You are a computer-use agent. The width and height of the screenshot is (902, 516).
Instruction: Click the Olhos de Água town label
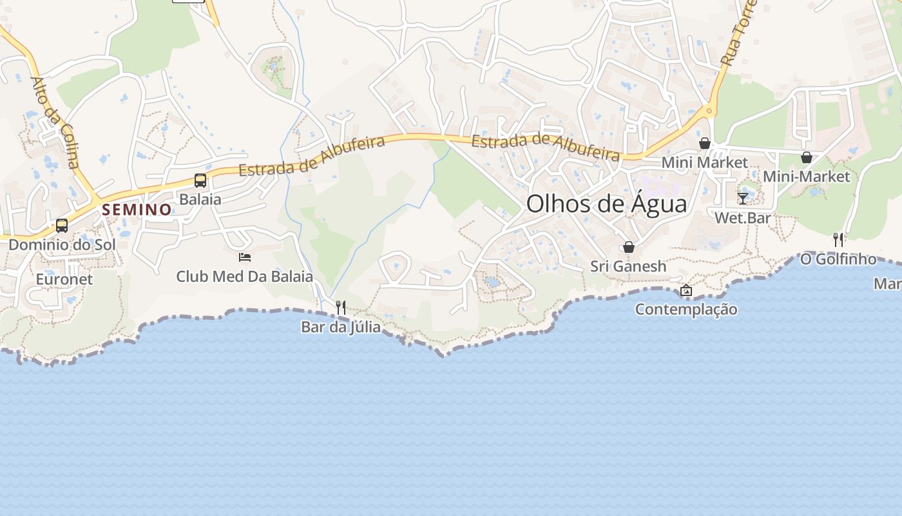point(606,204)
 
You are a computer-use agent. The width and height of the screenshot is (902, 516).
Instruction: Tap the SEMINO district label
point(137,210)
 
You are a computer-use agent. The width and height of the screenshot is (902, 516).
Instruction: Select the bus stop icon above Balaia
point(200,181)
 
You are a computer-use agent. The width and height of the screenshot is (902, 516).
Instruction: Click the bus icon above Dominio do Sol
point(62,226)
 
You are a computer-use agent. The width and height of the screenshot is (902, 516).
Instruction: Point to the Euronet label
point(64,279)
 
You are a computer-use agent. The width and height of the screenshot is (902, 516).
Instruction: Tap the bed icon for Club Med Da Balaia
point(245,257)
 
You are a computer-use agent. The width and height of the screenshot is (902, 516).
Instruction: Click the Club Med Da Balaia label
point(245,277)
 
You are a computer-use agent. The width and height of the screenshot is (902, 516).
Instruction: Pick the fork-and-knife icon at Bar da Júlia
point(341,308)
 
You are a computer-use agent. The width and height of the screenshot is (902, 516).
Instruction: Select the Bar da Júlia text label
point(341,328)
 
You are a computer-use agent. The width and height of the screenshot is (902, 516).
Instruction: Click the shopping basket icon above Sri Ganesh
point(629,247)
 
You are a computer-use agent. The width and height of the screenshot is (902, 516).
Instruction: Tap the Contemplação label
point(686,310)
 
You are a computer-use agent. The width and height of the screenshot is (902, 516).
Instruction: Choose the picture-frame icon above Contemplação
point(686,291)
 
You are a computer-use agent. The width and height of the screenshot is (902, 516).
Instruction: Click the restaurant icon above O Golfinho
point(838,240)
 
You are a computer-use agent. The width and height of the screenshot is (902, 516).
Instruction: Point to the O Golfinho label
point(838,259)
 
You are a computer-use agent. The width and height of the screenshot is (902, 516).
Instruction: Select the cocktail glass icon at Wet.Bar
point(743,198)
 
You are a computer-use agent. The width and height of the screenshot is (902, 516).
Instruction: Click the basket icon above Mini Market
point(705,143)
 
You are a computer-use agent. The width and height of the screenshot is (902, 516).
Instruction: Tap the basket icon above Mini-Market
point(806,157)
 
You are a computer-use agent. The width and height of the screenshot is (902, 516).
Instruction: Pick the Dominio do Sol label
point(62,245)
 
